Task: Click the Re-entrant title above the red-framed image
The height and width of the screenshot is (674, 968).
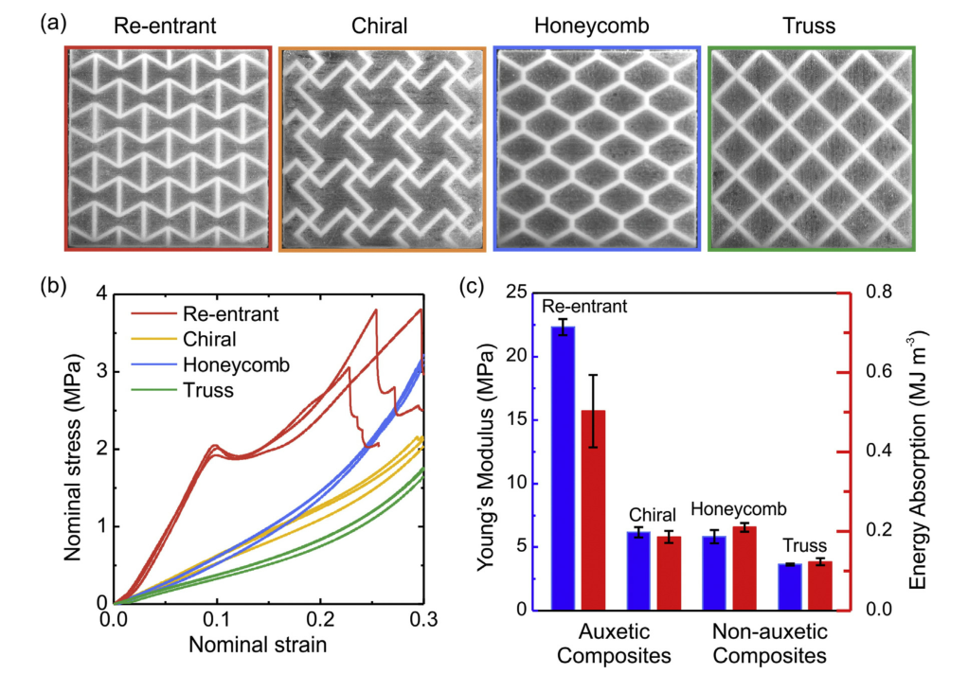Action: (165, 26)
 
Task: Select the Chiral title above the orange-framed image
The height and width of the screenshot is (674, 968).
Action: (379, 26)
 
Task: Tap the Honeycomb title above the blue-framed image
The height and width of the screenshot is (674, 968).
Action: (591, 26)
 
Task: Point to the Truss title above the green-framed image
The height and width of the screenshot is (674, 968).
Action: (809, 26)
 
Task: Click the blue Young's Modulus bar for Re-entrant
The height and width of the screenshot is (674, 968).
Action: (563, 469)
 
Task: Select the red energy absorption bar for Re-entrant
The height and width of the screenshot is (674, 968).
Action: (593, 510)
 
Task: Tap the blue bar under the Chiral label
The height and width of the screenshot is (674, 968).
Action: (639, 571)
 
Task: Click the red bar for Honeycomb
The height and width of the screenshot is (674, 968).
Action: (744, 569)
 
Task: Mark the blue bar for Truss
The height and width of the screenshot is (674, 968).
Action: (790, 587)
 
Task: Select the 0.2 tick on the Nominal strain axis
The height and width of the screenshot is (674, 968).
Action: (320, 619)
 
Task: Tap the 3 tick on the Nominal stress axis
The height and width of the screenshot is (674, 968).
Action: (100, 372)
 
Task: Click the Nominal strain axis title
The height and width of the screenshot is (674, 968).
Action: (258, 645)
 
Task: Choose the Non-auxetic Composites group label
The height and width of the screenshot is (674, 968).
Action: (770, 643)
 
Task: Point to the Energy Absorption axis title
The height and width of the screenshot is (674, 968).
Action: (918, 460)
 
